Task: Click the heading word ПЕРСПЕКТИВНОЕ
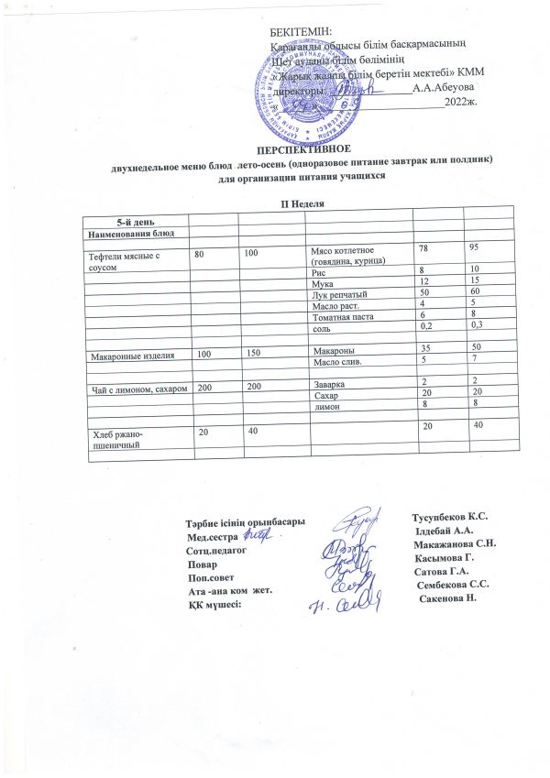pyautogui.click(x=303, y=147)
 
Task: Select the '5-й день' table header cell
pyautogui.click(x=135, y=223)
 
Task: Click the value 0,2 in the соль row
pyautogui.click(x=425, y=325)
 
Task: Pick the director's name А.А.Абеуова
pyautogui.click(x=444, y=88)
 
